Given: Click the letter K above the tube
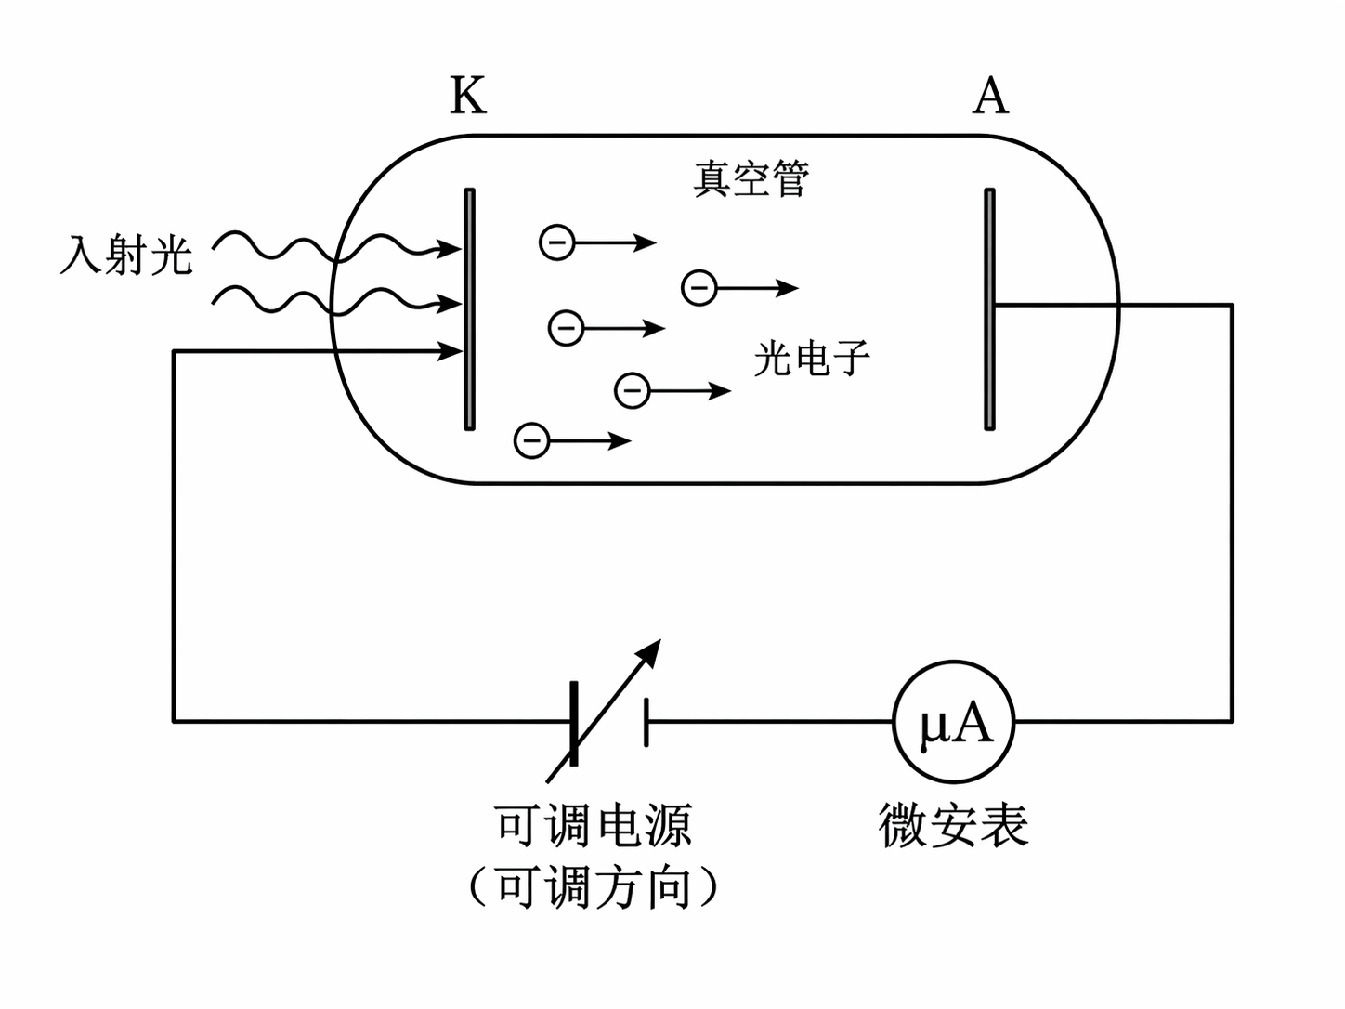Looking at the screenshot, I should point(468,96).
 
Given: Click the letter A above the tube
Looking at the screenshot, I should point(990,96).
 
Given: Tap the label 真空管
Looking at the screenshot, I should point(751,178).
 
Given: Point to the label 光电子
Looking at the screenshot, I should point(812,358).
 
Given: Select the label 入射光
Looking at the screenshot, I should point(126,254).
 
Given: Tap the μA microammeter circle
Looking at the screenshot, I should point(953,722).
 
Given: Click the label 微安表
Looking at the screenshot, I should point(953,825).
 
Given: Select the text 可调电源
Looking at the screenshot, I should point(594,825).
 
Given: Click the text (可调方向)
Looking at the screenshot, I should point(594,887).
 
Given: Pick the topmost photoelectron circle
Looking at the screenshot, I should point(557,242).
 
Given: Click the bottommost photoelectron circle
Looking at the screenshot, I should point(532,439).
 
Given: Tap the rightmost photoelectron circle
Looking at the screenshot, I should point(699,288).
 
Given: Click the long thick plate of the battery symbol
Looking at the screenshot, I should point(573,723).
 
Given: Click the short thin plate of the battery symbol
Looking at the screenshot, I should point(646,722).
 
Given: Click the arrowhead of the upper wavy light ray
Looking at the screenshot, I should point(451,248).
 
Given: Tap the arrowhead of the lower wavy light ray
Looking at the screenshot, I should point(451,303).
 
